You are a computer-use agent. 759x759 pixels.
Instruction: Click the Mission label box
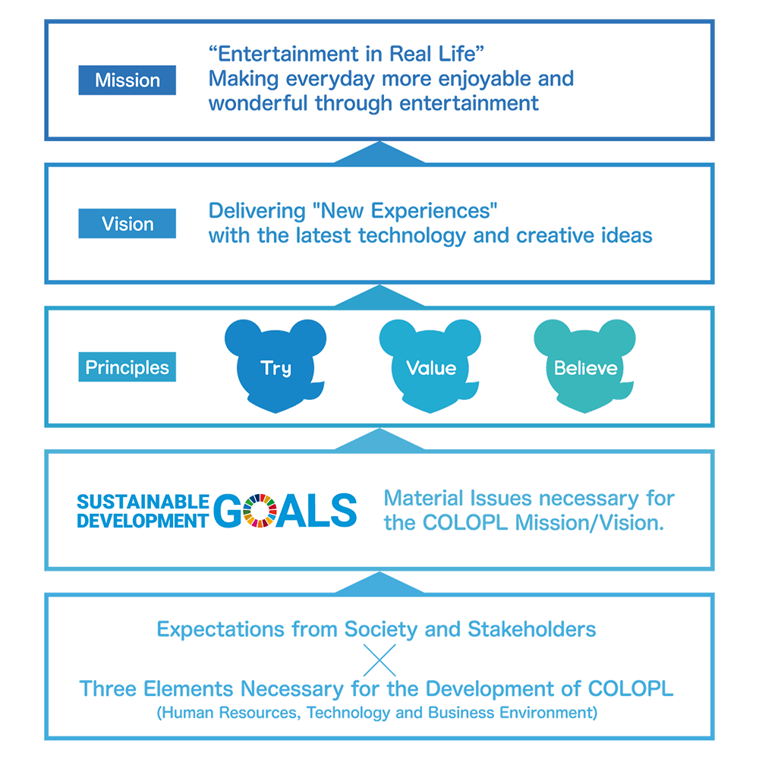point(127,80)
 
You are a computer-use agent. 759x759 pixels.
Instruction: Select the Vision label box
point(127,223)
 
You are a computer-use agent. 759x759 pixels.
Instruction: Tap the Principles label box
point(127,367)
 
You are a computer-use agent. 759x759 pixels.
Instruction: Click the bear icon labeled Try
point(276,366)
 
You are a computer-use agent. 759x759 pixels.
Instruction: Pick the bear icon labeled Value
point(430,366)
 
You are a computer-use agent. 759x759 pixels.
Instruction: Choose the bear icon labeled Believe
point(584,366)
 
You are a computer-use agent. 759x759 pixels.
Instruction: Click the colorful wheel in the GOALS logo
point(260,511)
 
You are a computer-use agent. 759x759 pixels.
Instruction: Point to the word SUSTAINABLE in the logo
point(143,502)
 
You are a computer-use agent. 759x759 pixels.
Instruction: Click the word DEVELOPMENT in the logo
point(143,521)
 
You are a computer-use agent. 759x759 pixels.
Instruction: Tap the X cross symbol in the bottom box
point(379,660)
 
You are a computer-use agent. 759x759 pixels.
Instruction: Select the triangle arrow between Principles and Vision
point(379,296)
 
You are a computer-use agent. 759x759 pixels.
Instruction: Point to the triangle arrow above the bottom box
point(379,583)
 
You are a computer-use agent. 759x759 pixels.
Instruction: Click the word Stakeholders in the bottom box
point(532,629)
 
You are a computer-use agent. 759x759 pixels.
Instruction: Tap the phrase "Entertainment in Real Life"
point(346,54)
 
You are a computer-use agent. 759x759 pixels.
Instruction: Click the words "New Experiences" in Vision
point(405,211)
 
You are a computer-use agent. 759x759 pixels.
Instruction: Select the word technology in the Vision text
point(412,236)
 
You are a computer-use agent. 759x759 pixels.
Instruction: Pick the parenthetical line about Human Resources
point(377,713)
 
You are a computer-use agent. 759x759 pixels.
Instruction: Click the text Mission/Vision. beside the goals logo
point(589,523)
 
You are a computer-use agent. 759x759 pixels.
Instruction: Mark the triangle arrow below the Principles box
point(379,439)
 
